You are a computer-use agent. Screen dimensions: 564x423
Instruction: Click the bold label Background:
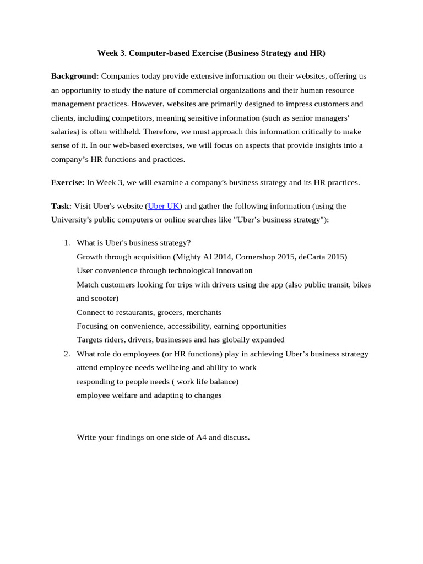pyautogui.click(x=75, y=75)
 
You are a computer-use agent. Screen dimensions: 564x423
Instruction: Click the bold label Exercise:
pyautogui.click(x=68, y=182)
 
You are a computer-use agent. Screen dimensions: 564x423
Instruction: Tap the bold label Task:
pyautogui.click(x=61, y=206)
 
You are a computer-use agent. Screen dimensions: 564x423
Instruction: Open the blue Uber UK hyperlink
pyautogui.click(x=164, y=206)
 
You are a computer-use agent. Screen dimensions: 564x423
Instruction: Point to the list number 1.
pyautogui.click(x=67, y=243)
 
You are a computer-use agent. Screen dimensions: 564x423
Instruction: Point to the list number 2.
pyautogui.click(x=67, y=354)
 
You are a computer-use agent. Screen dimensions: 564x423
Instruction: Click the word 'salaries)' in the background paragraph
pyautogui.click(x=66, y=132)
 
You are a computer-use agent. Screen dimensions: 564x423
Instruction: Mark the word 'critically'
pyautogui.click(x=310, y=132)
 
